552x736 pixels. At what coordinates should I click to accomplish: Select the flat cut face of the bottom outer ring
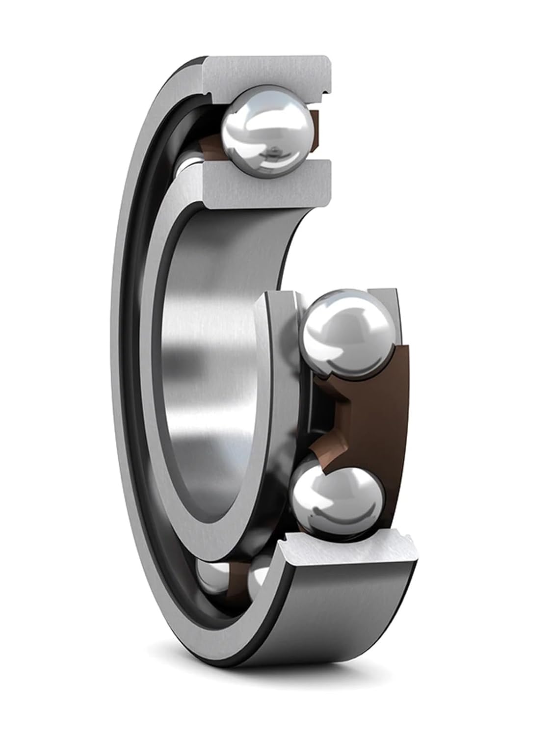(x=348, y=552)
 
